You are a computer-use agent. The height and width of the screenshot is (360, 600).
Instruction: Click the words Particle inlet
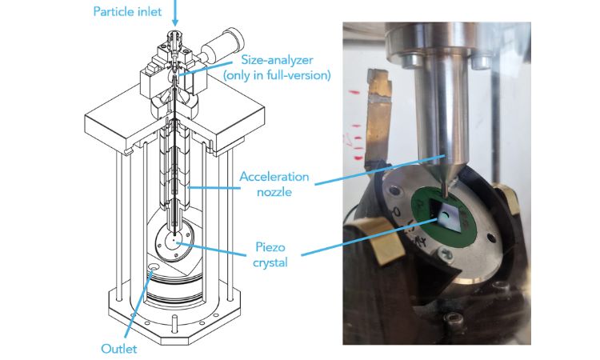click(127, 11)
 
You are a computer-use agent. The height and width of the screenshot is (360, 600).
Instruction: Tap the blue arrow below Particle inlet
click(175, 12)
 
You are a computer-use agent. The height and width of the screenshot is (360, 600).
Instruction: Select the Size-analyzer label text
click(277, 60)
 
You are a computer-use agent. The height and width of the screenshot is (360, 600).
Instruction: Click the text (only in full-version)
click(277, 75)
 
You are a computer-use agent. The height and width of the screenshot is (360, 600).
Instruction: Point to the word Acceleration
click(274, 177)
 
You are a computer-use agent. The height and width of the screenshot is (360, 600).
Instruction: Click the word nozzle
click(274, 192)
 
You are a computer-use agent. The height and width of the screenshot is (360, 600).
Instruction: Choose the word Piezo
click(270, 247)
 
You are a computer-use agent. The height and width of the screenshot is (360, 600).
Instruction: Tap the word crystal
click(270, 263)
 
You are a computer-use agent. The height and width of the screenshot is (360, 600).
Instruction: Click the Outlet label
click(119, 349)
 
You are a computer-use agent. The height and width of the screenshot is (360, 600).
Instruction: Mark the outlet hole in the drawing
click(154, 266)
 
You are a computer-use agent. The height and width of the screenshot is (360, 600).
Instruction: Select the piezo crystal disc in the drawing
click(174, 241)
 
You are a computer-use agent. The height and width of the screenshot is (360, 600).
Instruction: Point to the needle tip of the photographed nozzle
click(444, 195)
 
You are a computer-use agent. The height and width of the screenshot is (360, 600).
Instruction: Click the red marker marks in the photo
click(354, 126)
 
